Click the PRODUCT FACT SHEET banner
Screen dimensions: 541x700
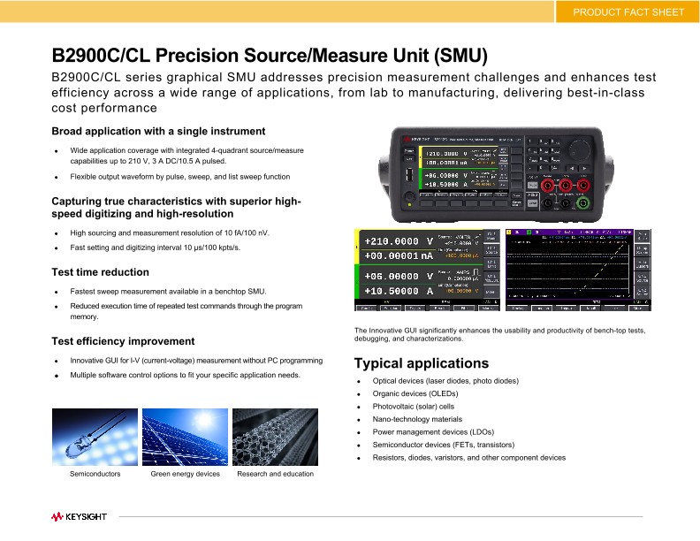click(x=628, y=11)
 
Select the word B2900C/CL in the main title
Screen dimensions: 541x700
click(x=104, y=57)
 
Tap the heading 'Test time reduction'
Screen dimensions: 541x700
click(x=101, y=272)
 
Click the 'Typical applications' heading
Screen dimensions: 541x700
click(x=421, y=363)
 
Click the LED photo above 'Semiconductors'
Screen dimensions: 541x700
click(x=95, y=437)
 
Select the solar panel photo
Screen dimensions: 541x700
click(x=185, y=437)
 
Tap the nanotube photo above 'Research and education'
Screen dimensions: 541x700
click(x=275, y=437)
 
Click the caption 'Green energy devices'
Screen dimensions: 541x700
click(x=185, y=474)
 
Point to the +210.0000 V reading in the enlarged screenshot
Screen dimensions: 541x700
click(x=399, y=241)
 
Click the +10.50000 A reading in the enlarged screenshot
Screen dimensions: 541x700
click(x=399, y=290)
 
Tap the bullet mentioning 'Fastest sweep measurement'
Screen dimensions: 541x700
click(x=168, y=291)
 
